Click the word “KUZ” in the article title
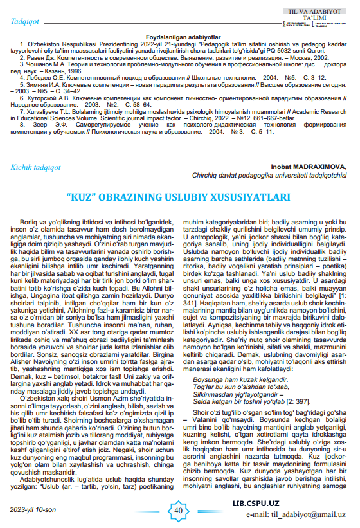(81, 197)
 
